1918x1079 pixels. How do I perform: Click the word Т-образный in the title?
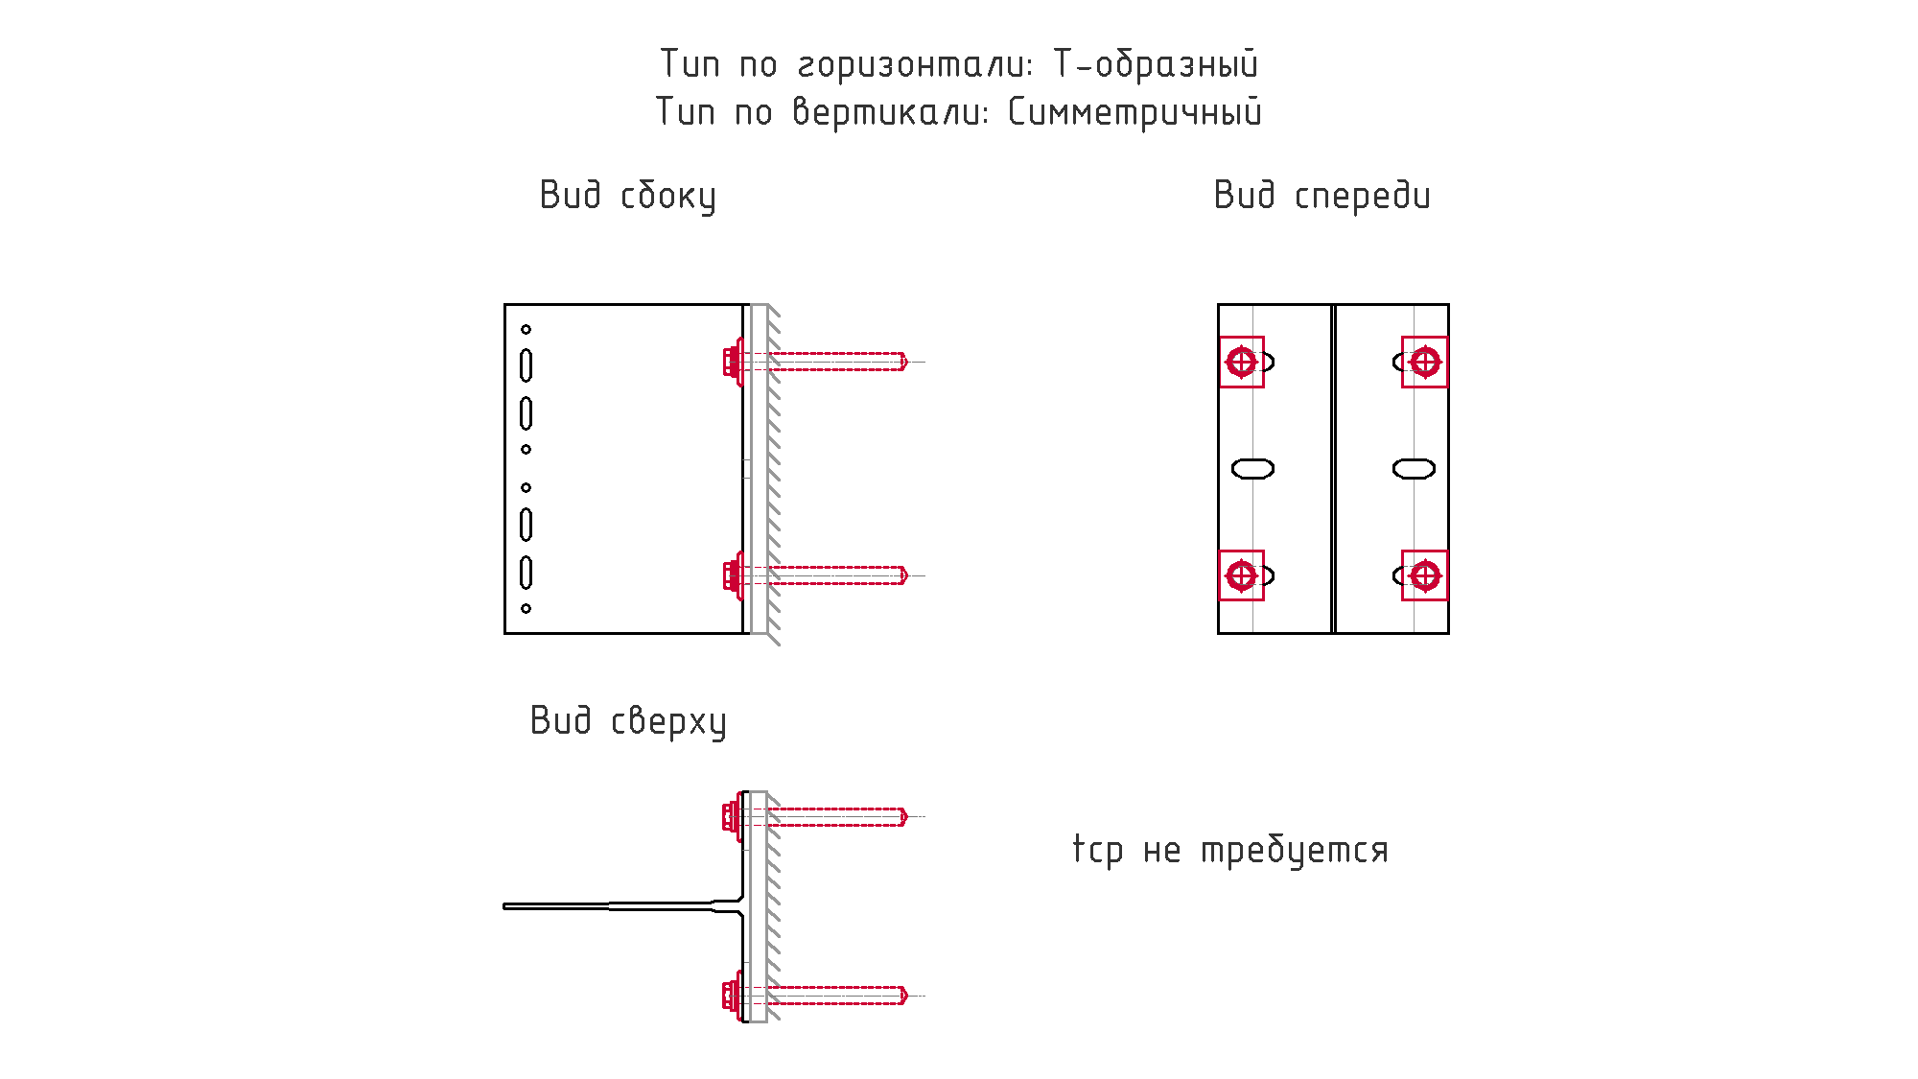[1156, 64]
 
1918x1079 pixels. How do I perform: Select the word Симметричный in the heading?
[1134, 112]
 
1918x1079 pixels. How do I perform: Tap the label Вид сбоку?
[628, 196]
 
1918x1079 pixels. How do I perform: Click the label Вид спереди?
[1322, 196]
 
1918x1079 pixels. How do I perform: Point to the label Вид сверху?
[628, 721]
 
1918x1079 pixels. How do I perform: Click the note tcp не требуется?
[1230, 850]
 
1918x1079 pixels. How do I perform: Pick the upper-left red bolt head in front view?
[1242, 363]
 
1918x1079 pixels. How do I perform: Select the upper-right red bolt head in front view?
[1425, 363]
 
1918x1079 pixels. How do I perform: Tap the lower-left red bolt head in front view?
[1242, 575]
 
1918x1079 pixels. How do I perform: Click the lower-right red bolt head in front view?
[1425, 575]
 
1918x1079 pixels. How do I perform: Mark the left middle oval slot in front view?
[1252, 469]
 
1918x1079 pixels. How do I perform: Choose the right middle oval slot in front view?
[1414, 469]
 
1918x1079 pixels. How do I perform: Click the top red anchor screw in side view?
[815, 362]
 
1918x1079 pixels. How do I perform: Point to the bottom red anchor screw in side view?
[815, 575]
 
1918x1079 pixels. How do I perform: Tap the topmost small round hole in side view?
[526, 330]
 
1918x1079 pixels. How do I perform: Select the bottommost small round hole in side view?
[526, 608]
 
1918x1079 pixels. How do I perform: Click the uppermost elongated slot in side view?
[526, 365]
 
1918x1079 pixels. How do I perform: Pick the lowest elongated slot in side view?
[526, 573]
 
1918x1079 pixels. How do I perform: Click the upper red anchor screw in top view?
[815, 816]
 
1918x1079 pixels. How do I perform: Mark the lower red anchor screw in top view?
[815, 996]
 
